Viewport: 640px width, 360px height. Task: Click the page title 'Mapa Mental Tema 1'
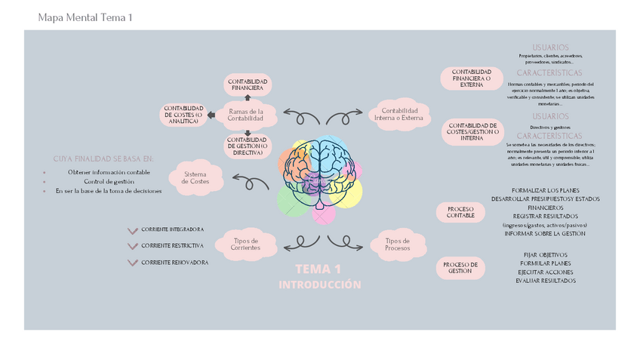tap(85, 17)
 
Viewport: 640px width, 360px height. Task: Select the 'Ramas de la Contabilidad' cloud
tap(245, 115)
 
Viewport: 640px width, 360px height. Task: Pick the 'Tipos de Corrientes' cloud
tap(245, 245)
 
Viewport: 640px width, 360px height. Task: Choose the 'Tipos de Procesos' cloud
tap(397, 245)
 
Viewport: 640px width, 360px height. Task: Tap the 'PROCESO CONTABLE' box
tap(460, 212)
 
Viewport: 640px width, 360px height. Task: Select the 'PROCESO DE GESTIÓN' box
tap(460, 267)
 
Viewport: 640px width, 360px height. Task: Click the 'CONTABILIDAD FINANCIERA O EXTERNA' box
tap(471, 78)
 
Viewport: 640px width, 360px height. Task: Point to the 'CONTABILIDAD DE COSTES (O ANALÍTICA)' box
tap(183, 114)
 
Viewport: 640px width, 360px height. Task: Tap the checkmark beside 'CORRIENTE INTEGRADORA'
tap(133, 230)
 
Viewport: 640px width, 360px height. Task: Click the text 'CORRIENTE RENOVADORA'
tap(174, 263)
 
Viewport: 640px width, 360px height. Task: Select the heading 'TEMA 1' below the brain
tap(318, 269)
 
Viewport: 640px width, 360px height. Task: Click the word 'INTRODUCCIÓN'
tap(319, 285)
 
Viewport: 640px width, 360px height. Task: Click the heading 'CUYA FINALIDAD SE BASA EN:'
tap(103, 159)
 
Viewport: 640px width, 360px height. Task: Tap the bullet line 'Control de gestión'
tap(109, 182)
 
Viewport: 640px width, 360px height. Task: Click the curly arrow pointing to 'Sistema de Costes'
tap(251, 181)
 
